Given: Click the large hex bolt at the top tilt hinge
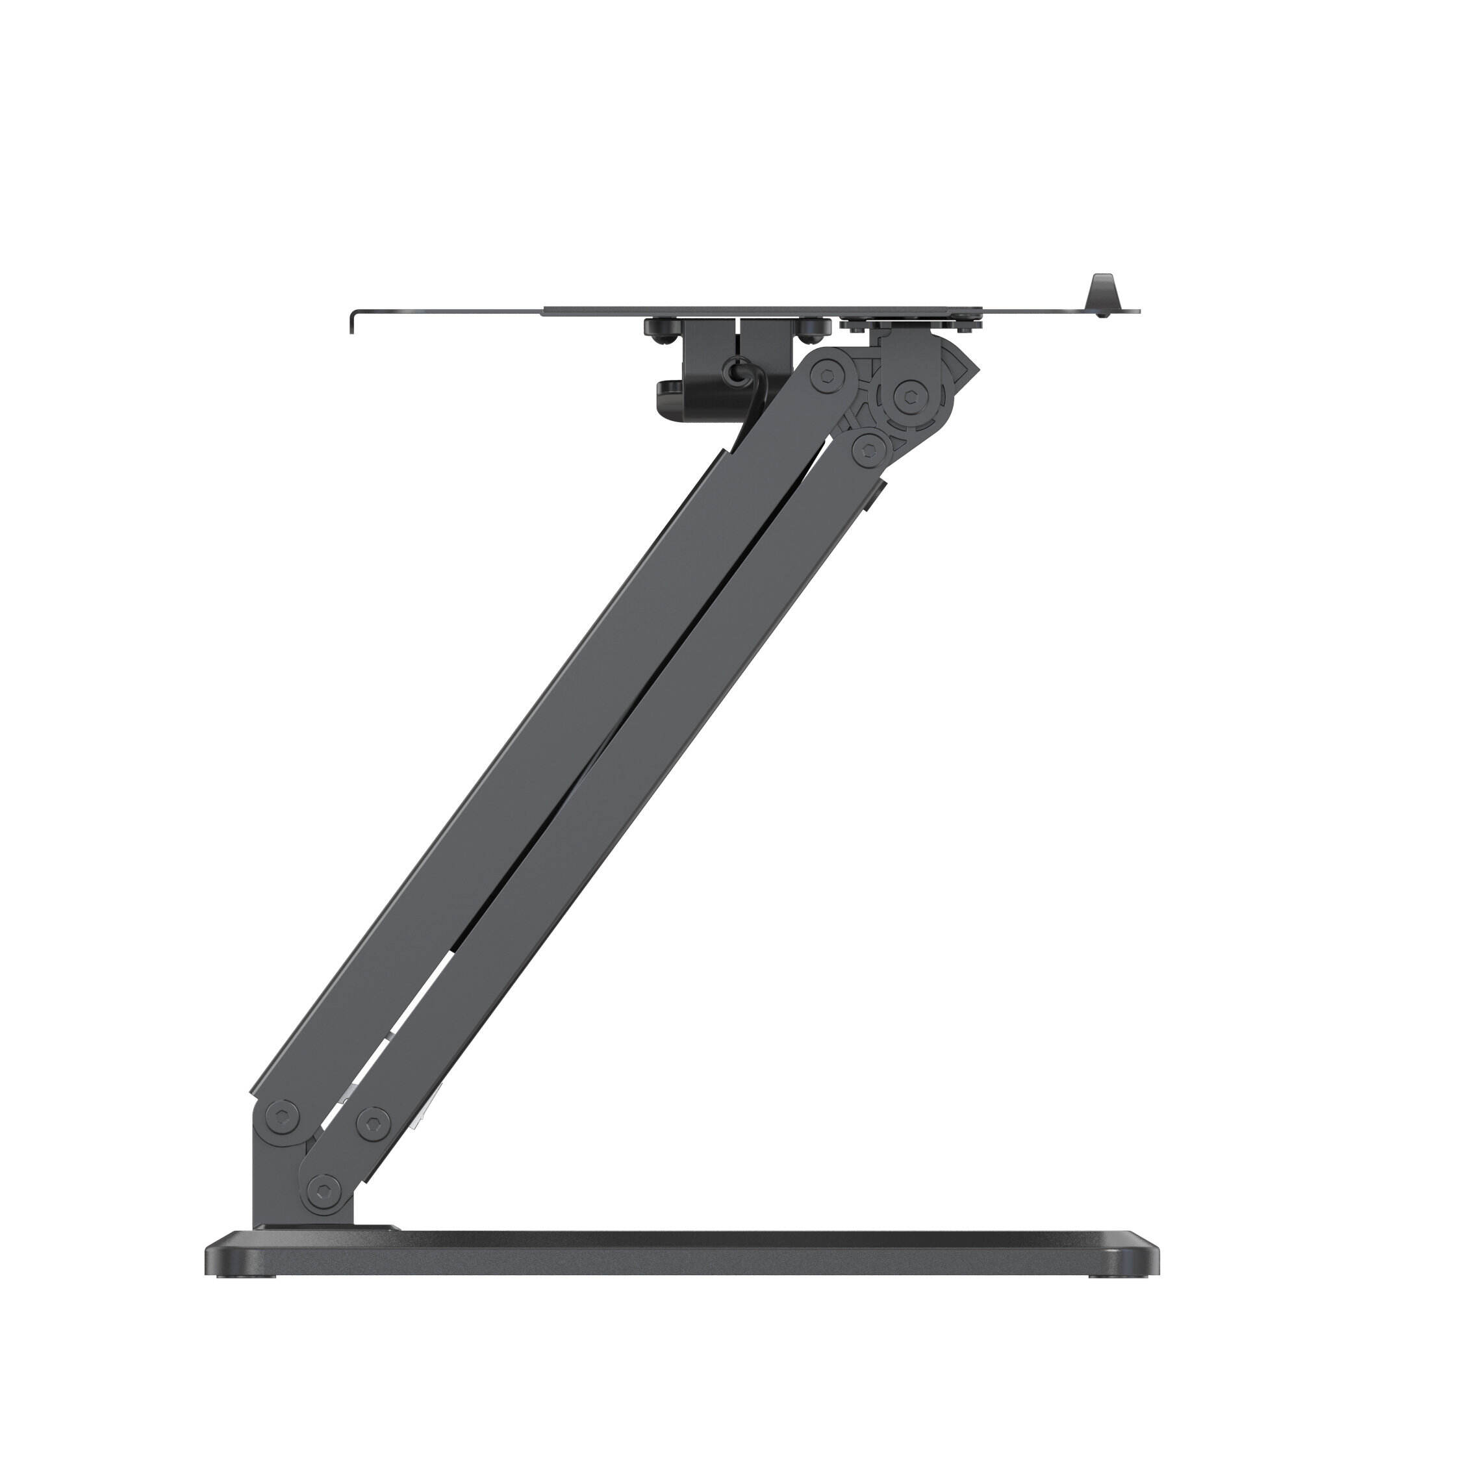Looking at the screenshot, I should coord(910,396).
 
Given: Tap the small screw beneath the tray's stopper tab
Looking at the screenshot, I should coord(1102,314).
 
